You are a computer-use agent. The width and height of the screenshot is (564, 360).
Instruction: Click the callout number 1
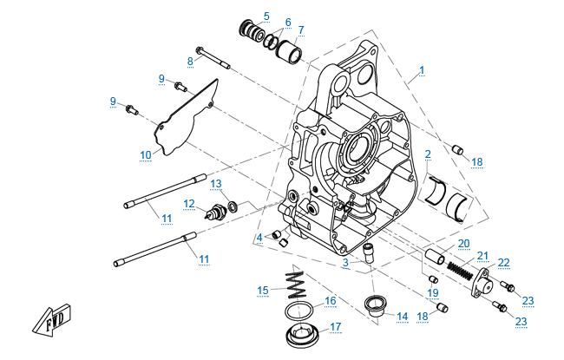(422, 69)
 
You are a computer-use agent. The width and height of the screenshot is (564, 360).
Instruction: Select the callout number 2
(428, 154)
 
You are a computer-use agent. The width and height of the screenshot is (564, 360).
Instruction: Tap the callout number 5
(266, 16)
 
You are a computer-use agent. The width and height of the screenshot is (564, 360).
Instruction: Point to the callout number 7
(301, 30)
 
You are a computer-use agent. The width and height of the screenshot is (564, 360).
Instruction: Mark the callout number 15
(262, 290)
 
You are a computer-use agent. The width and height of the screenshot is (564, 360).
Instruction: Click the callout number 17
(335, 326)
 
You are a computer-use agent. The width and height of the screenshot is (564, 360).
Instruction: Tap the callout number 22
(503, 262)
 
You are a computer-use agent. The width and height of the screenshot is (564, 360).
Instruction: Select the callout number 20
(463, 243)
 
